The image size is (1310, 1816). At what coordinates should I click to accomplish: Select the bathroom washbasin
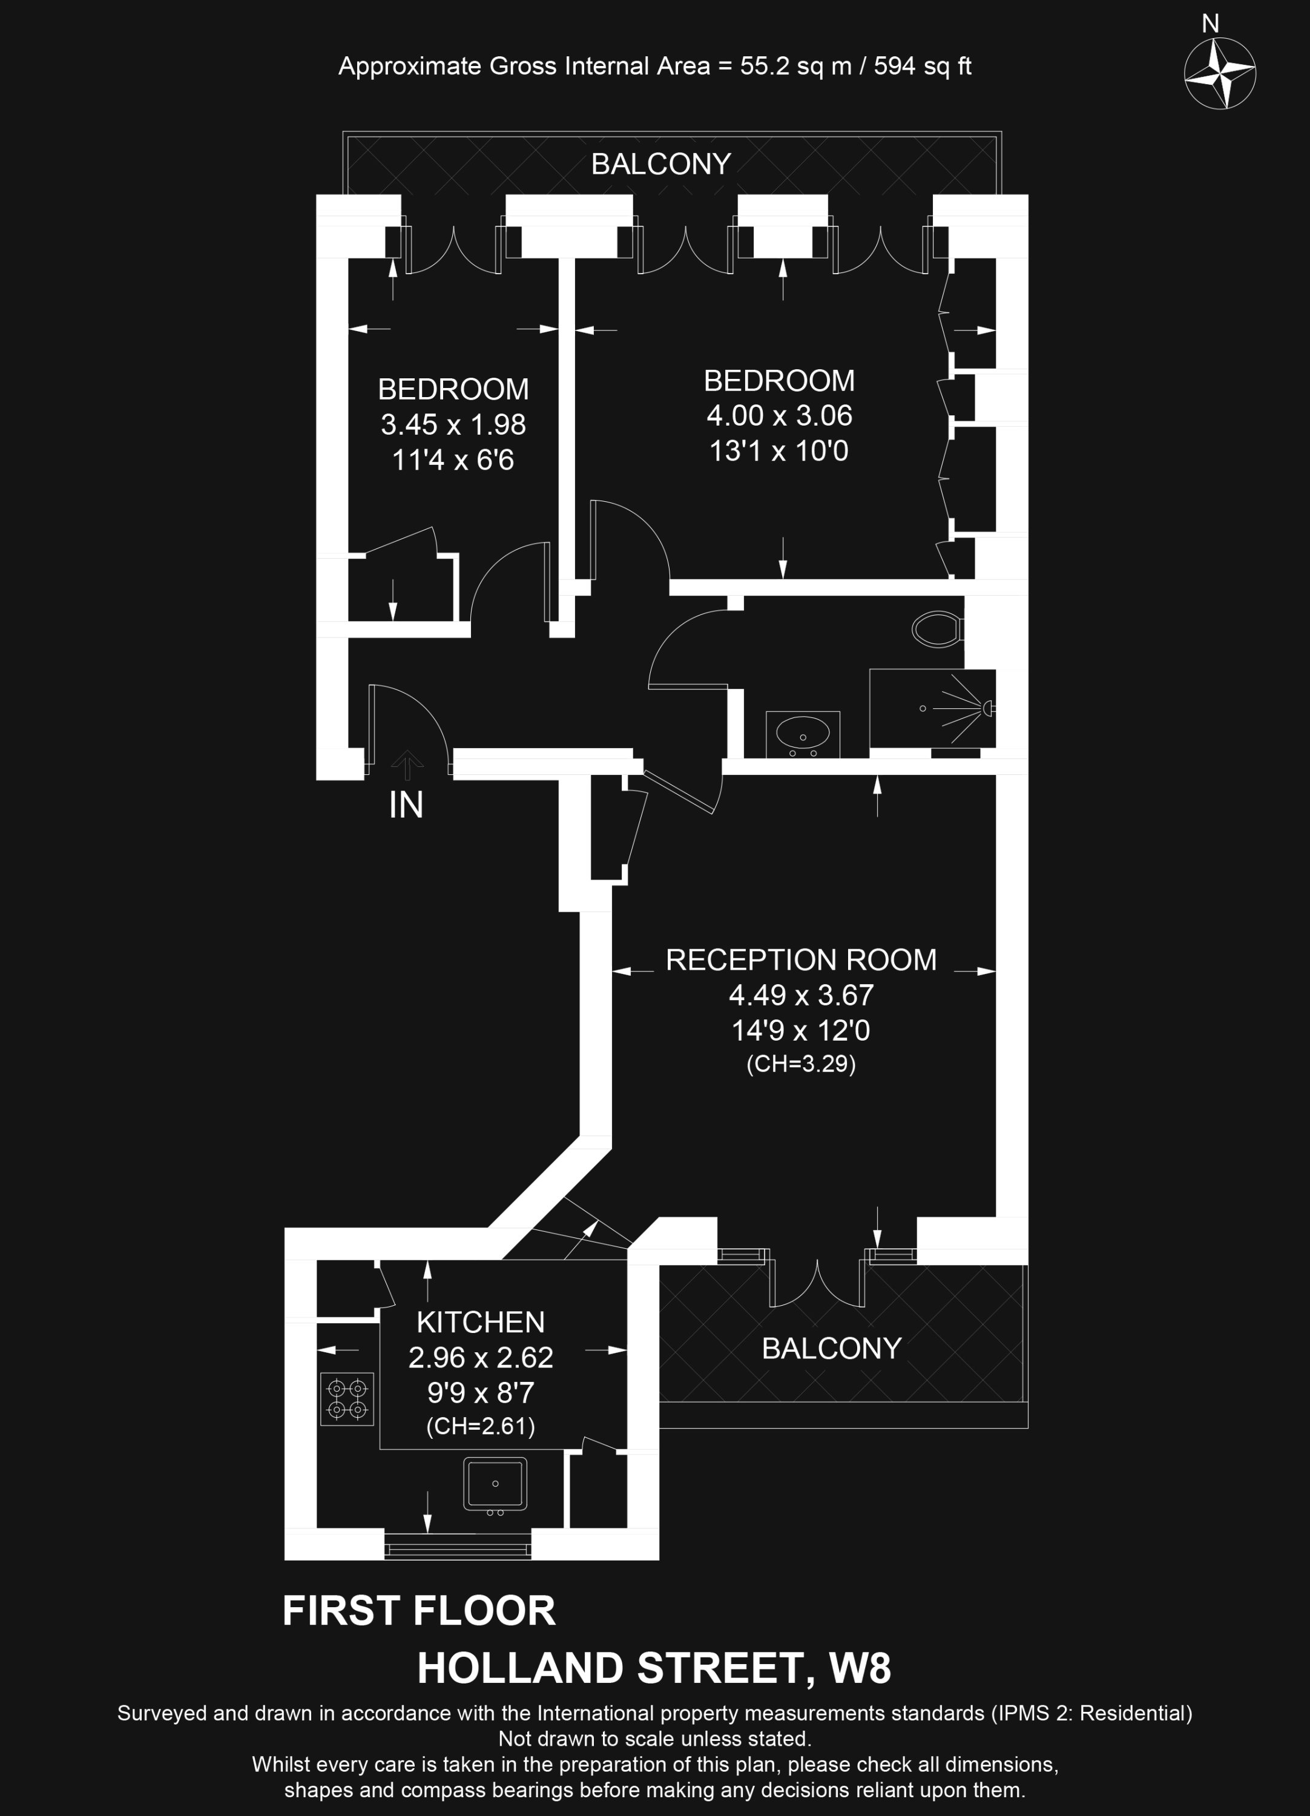pyautogui.click(x=802, y=732)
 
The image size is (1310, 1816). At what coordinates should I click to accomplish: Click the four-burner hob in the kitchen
pyautogui.click(x=347, y=1399)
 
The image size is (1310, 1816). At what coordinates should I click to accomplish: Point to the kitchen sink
pyautogui.click(x=495, y=1484)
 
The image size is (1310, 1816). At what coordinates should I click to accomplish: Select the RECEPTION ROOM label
pyautogui.click(x=801, y=959)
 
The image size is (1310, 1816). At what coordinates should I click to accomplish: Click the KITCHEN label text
pyautogui.click(x=481, y=1322)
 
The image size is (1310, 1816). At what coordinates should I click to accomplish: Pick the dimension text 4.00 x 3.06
pyautogui.click(x=779, y=416)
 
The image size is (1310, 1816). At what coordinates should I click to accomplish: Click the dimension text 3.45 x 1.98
pyautogui.click(x=453, y=424)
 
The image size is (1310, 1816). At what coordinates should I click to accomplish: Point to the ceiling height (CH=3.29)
pyautogui.click(x=801, y=1064)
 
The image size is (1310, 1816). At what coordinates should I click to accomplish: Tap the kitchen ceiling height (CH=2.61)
pyautogui.click(x=481, y=1426)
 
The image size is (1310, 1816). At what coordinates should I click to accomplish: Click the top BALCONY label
pyautogui.click(x=660, y=164)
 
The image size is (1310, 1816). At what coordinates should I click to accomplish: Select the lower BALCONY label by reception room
pyautogui.click(x=831, y=1349)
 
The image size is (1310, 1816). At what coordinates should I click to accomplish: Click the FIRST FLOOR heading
pyautogui.click(x=419, y=1611)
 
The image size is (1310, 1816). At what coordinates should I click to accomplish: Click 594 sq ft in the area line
pyautogui.click(x=923, y=65)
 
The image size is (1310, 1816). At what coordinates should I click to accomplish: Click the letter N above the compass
pyautogui.click(x=1211, y=24)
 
